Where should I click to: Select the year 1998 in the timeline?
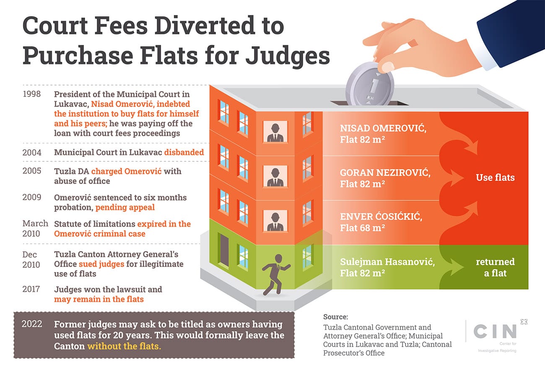[x=31, y=93]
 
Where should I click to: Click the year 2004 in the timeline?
[x=31, y=152]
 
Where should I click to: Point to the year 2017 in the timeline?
[x=31, y=290]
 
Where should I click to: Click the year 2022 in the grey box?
[x=32, y=325]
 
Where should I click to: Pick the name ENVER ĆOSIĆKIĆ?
[x=381, y=217]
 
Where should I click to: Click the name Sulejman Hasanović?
[x=387, y=262]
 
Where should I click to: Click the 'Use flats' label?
[x=495, y=177]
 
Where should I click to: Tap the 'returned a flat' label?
[x=495, y=267]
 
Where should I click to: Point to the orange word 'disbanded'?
[x=184, y=152]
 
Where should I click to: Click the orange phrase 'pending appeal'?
[x=125, y=207]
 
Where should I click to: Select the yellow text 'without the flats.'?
[x=124, y=347]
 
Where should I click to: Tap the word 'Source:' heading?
[x=335, y=317]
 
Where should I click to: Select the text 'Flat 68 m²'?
[x=362, y=228]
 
